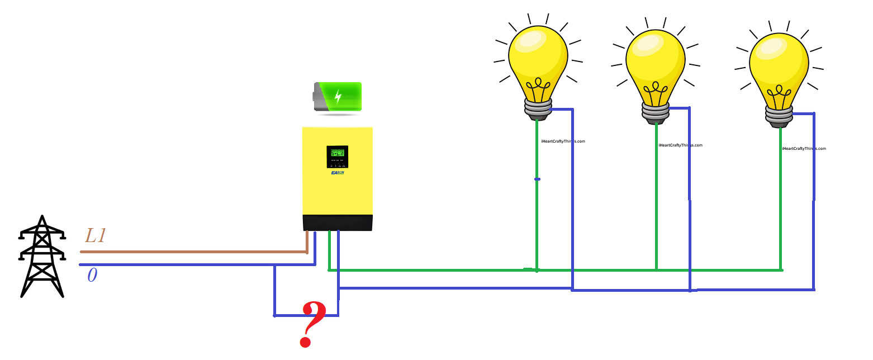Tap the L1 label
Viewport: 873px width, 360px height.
coord(96,236)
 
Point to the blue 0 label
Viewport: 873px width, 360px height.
coord(92,276)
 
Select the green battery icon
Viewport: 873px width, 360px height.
coord(338,97)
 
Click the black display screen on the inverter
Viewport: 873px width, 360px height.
coord(337,157)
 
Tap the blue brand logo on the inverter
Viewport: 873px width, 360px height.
coord(337,173)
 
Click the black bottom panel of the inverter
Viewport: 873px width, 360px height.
coord(337,222)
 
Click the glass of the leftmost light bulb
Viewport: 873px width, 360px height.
coord(538,56)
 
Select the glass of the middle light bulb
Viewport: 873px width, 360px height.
coord(655,59)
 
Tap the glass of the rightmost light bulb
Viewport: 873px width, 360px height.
coord(779,61)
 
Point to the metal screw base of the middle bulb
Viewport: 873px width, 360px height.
coord(655,112)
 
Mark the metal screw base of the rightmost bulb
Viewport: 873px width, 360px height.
coord(779,116)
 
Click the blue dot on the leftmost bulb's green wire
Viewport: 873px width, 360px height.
coord(537,179)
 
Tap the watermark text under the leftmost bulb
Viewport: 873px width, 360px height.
coord(563,141)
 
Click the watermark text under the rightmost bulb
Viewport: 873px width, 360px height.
coord(804,149)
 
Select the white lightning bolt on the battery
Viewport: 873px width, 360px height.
coord(338,96)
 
